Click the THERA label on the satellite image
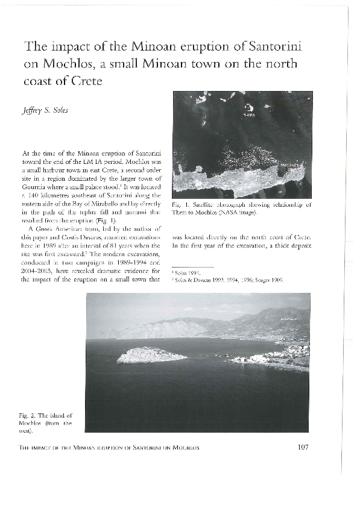coord(248,113)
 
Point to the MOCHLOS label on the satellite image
coord(292,163)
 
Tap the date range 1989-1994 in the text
coord(121,255)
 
